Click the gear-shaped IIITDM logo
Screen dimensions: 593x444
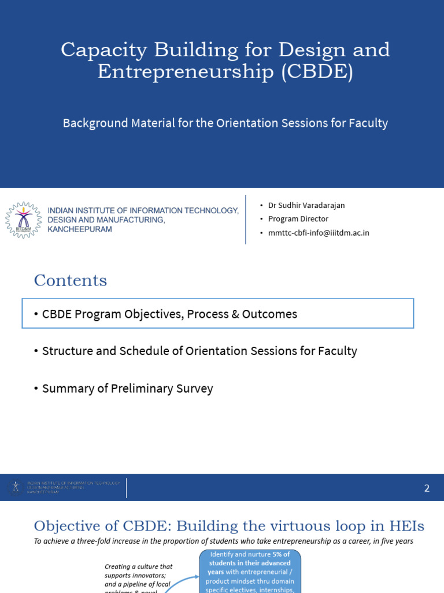[x=24, y=220]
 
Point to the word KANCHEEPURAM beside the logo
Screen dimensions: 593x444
[x=80, y=229]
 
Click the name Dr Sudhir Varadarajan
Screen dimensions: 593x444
[x=306, y=205]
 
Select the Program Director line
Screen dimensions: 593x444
[x=298, y=219]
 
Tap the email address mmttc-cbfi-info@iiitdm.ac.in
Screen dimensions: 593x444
[x=319, y=233]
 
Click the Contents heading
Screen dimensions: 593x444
[x=71, y=280]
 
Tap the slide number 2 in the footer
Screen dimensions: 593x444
[x=427, y=488]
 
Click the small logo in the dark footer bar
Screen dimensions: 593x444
[x=16, y=488]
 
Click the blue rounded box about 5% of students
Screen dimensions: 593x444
[x=250, y=571]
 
